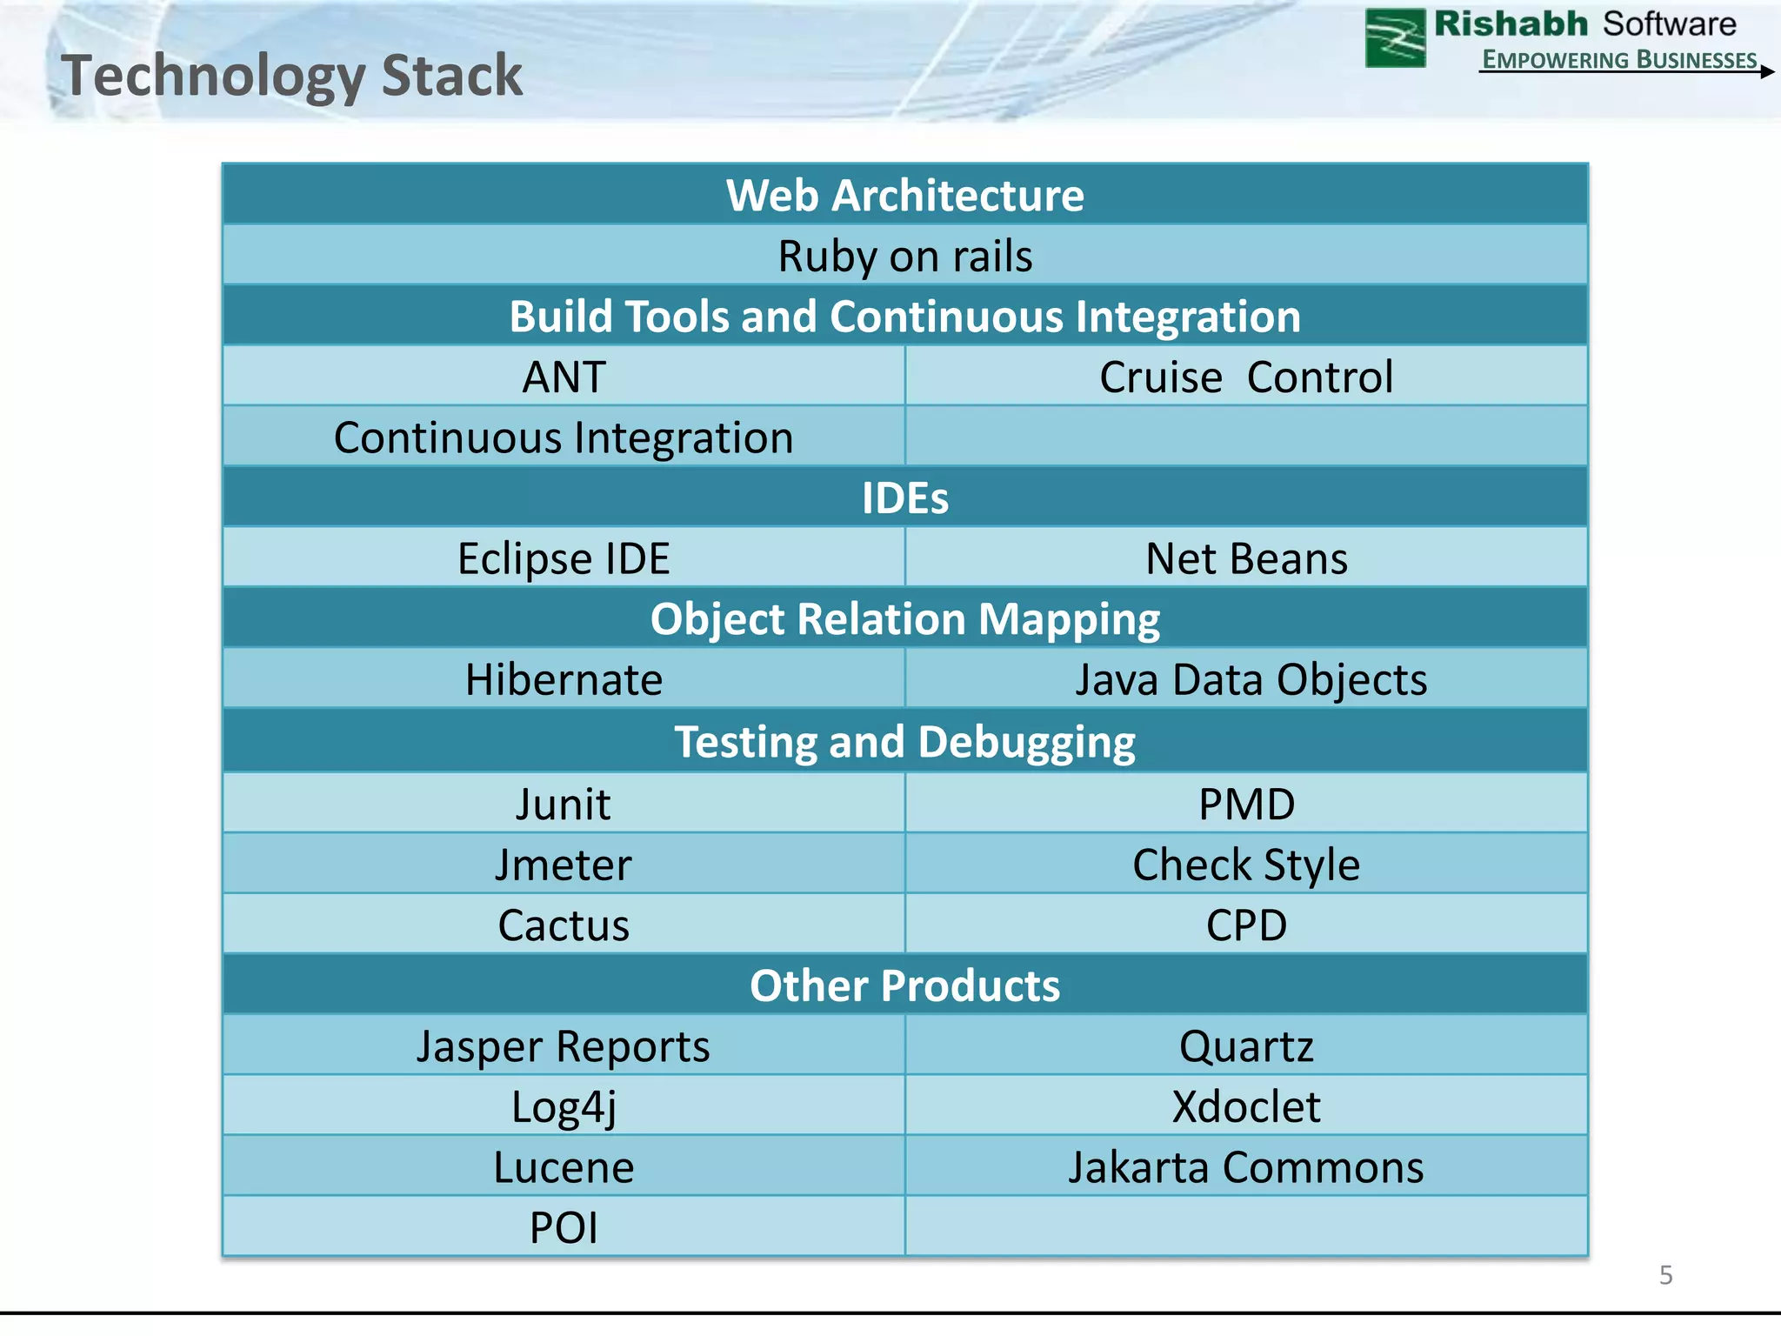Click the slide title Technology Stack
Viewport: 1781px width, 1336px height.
coord(291,76)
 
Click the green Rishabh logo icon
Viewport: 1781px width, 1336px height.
coord(1395,38)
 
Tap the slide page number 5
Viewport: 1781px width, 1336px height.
coord(1665,1275)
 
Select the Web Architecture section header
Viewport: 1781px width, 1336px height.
coord(904,195)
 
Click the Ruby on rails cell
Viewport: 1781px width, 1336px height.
coord(904,257)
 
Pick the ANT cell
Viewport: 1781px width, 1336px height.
coord(564,377)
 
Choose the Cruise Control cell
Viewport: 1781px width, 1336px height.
coord(1245,377)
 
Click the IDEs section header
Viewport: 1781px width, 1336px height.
coord(904,498)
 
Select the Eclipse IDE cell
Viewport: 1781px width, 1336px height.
coord(564,558)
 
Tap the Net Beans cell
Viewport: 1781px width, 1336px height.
coord(1245,558)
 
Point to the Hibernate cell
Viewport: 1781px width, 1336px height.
coord(564,679)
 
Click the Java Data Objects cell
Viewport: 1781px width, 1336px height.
coord(1251,679)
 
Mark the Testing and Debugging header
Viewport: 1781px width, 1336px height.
coord(904,742)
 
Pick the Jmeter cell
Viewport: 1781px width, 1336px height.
coord(564,865)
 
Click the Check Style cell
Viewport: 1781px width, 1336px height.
coord(1245,865)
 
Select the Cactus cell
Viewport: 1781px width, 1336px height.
coord(564,925)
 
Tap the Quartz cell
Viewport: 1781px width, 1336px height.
coord(1245,1046)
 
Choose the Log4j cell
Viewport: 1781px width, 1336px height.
coord(564,1107)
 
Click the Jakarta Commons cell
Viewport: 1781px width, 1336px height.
coord(1245,1167)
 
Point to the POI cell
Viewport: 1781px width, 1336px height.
coord(564,1228)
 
